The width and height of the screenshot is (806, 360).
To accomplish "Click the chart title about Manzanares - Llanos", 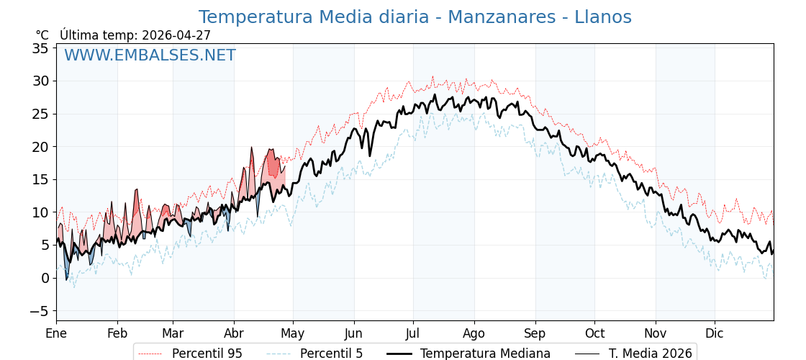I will point(415,17).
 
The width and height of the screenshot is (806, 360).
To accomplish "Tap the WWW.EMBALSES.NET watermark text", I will point(150,55).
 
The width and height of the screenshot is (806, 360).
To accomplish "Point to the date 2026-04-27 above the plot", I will point(176,35).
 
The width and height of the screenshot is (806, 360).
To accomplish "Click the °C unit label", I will point(42,35).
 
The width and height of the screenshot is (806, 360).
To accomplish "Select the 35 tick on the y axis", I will point(40,48).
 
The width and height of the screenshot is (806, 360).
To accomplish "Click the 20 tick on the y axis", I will point(40,147).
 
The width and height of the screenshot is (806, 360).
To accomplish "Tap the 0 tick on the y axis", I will point(45,278).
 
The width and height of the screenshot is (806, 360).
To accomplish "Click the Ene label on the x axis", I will point(56,333).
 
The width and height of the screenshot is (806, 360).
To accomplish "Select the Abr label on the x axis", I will point(234,333).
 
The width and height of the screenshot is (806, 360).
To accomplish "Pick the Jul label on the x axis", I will point(413,333).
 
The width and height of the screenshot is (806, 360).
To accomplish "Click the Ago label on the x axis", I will point(474,333).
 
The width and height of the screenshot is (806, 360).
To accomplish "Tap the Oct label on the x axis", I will point(594,333).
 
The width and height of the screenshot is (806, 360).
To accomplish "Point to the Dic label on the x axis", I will point(715,333).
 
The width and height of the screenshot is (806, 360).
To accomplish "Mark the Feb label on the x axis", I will point(117,333).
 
